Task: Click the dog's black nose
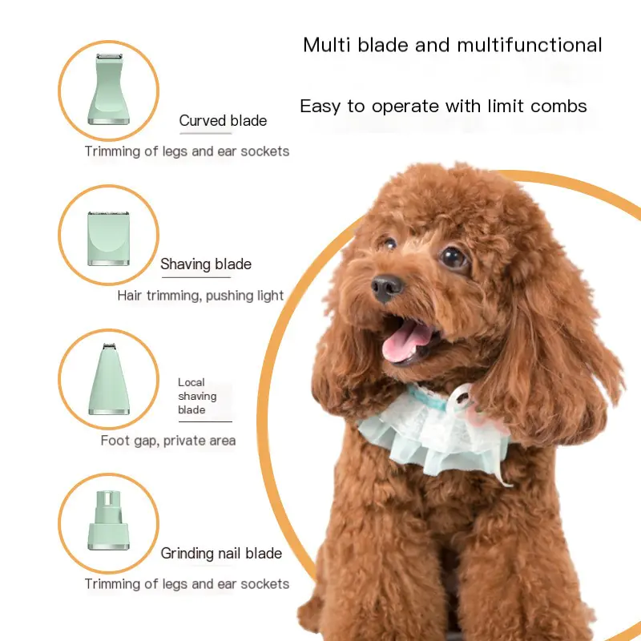386,288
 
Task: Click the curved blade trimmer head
109,89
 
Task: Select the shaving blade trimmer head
109,238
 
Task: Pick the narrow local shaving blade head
109,379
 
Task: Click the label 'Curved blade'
223,121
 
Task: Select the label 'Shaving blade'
206,264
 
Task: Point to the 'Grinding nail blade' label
221,553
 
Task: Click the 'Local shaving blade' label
197,396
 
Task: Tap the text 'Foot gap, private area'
168,440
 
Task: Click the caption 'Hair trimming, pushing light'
200,295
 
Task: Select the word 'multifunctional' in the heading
530,45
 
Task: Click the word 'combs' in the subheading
558,107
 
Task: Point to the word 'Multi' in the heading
327,45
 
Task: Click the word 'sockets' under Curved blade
265,151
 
